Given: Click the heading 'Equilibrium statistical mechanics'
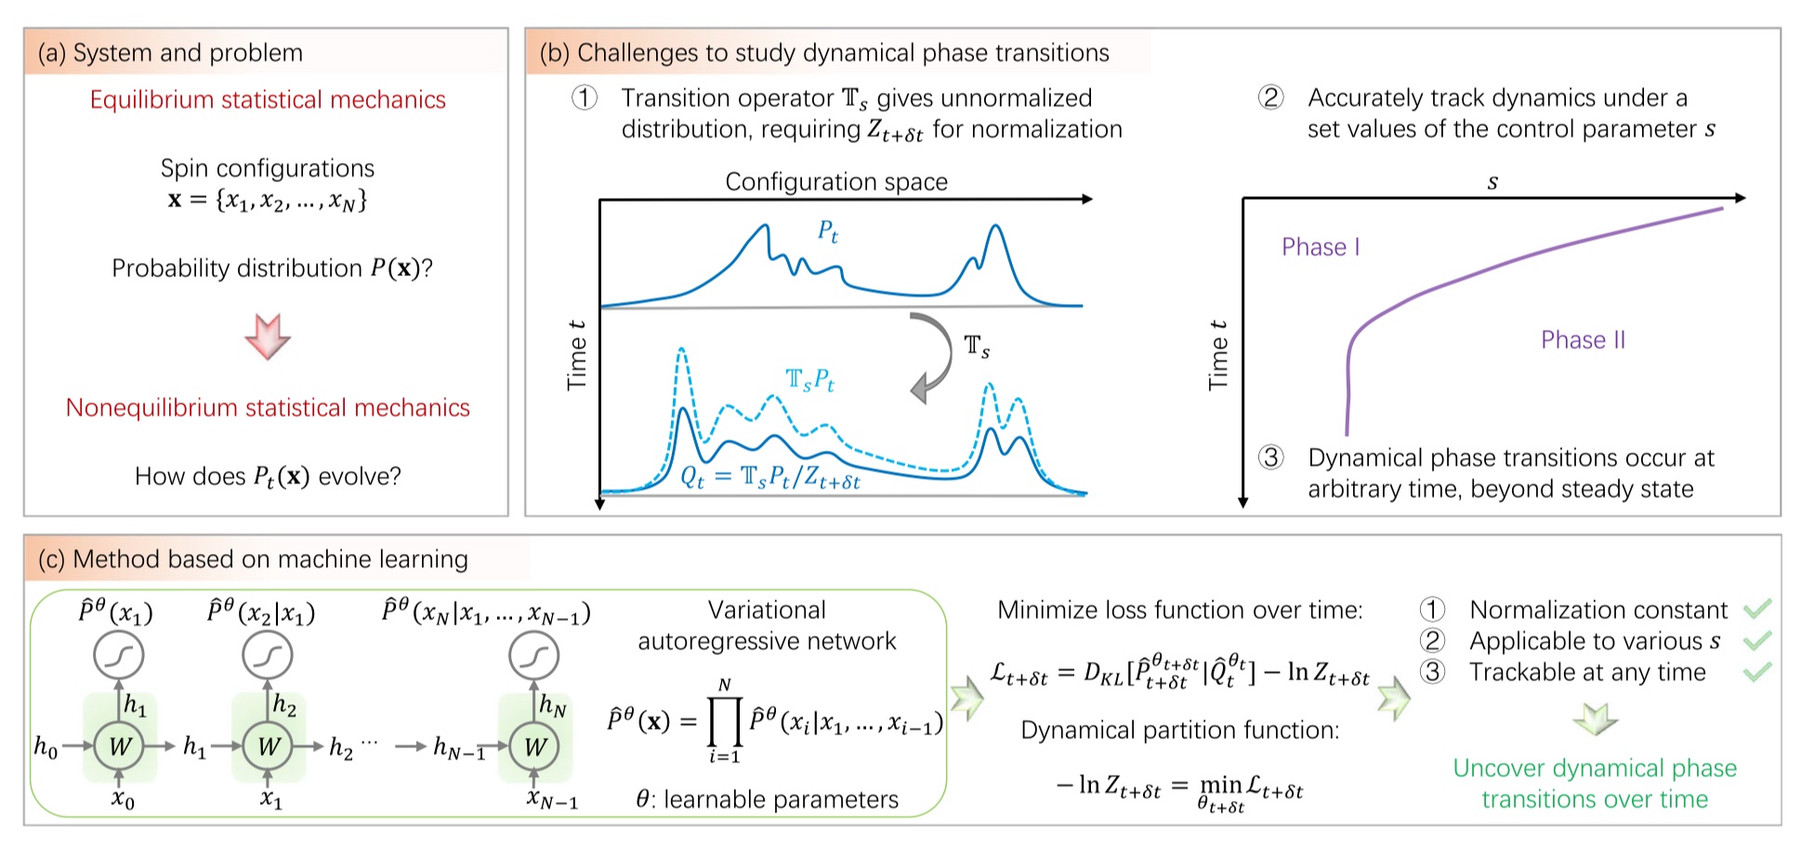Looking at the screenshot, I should (x=268, y=100).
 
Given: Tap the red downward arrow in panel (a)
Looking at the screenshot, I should (x=268, y=336).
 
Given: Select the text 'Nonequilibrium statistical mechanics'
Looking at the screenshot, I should (x=268, y=408).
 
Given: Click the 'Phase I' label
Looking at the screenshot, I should (x=1320, y=247).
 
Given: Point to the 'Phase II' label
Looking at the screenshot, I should (x=1583, y=340).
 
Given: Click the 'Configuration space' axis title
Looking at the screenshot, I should (x=836, y=182).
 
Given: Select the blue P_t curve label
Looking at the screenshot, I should (x=828, y=231).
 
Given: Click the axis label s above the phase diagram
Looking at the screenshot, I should (x=1492, y=182).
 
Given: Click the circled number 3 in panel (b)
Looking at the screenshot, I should (x=1271, y=457).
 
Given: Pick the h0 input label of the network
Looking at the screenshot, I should (x=46, y=746).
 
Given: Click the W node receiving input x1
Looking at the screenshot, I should (x=269, y=745).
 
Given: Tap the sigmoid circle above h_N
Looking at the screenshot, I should (x=534, y=656).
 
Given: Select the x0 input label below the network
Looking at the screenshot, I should (x=123, y=799).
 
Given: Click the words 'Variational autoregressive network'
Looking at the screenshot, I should (x=767, y=626).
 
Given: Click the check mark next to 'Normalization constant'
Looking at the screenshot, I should (x=1757, y=610).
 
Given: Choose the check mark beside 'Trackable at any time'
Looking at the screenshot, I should (x=1757, y=671).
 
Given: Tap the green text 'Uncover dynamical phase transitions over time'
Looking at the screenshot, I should (x=1595, y=784).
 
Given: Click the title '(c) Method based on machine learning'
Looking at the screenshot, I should (x=253, y=560).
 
